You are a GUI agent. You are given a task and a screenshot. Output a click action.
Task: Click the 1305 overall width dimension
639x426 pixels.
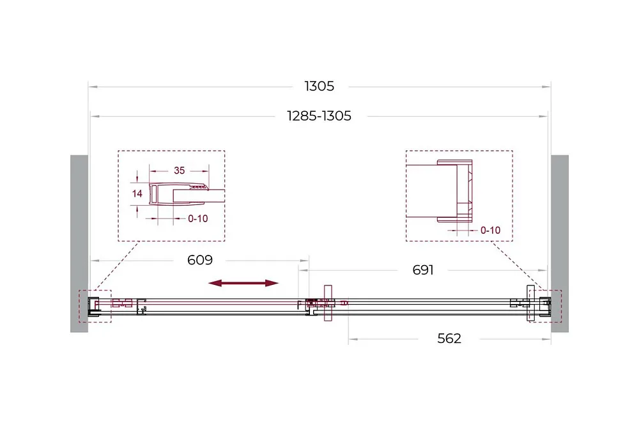tap(319, 86)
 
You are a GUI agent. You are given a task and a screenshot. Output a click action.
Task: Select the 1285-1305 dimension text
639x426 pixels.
tap(319, 116)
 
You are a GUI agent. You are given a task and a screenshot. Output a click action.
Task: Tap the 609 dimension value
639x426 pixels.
tap(199, 260)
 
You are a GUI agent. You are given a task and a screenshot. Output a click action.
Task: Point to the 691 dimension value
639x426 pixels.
tap(422, 270)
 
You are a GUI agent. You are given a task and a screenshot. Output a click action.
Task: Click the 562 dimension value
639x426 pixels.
tap(449, 339)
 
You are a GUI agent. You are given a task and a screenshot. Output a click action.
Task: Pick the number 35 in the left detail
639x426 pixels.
tap(180, 171)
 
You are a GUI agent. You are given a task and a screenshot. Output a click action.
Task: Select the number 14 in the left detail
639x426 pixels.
tap(137, 194)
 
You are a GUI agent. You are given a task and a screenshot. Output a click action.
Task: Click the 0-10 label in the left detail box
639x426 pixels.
tap(197, 218)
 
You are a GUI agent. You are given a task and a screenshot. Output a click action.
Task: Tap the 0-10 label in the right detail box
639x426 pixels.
tap(490, 231)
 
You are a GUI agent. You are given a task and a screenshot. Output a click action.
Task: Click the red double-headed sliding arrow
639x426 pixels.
tap(243, 284)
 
